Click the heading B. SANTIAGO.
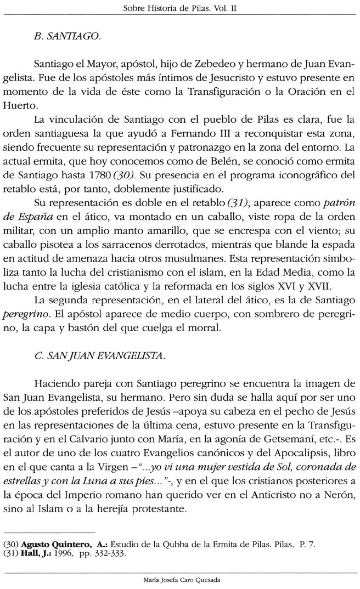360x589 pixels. tap(66, 37)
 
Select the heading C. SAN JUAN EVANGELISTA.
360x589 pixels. tap(99, 356)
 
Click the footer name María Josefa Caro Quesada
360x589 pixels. tap(179, 580)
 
